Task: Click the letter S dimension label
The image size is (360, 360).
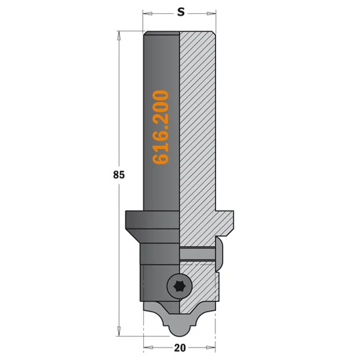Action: coord(181,12)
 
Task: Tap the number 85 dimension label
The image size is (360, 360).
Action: coord(118,175)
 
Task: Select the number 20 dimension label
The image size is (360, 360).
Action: coord(180,348)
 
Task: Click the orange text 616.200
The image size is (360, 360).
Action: coord(161,128)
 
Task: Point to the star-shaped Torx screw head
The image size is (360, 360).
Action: coord(179,286)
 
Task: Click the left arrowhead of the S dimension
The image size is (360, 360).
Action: coord(147,14)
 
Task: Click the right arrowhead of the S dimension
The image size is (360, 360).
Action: coord(211,14)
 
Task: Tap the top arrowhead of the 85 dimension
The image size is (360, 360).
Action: coord(118,36)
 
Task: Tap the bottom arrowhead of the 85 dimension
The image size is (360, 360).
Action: coord(118,331)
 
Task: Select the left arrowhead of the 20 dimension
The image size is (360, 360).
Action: coord(148,347)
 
